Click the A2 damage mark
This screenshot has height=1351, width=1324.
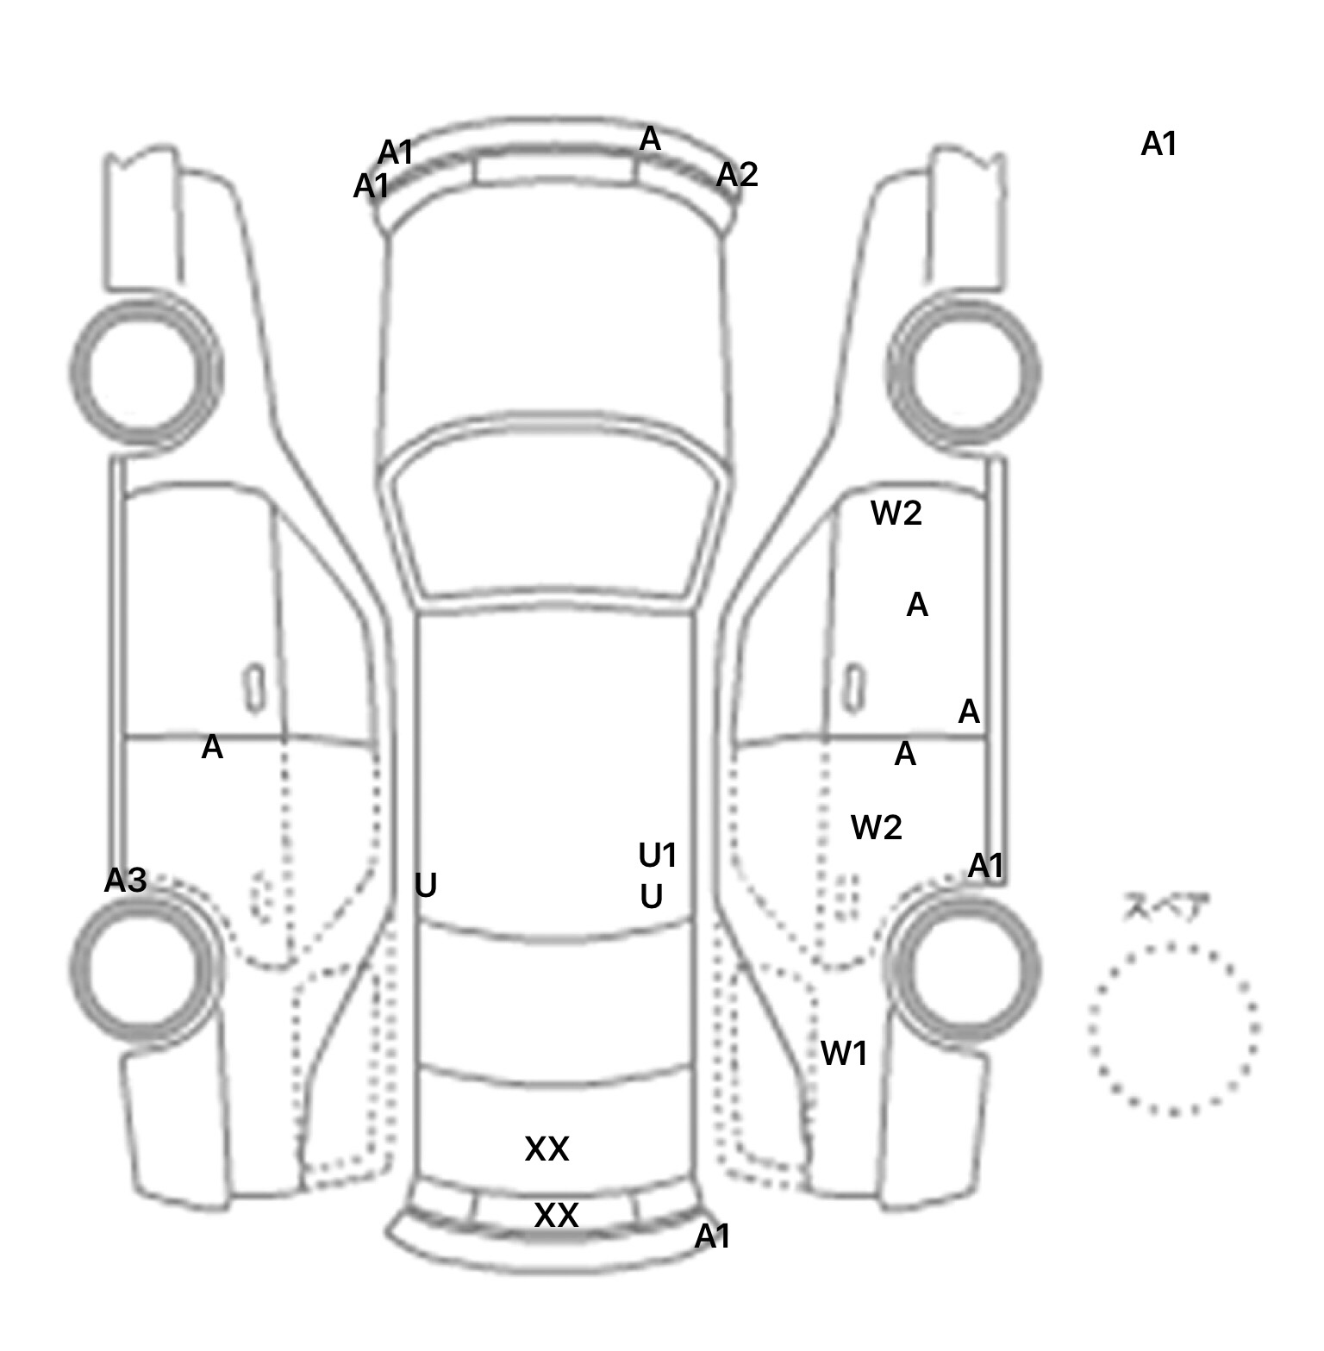(737, 175)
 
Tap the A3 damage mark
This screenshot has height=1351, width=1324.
(126, 881)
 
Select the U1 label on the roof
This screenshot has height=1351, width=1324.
(658, 856)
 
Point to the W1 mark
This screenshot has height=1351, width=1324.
(844, 1053)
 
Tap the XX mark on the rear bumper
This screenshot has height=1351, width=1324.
(556, 1216)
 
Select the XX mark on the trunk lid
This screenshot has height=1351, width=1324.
(547, 1149)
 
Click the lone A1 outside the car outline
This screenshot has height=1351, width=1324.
(1159, 145)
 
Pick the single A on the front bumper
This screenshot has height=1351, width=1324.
(650, 139)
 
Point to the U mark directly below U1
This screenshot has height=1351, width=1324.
(652, 898)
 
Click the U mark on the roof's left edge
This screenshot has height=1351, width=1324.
(426, 886)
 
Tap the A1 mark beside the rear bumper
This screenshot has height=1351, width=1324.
(713, 1237)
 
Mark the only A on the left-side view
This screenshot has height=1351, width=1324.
(212, 748)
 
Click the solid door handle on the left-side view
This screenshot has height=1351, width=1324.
(254, 688)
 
